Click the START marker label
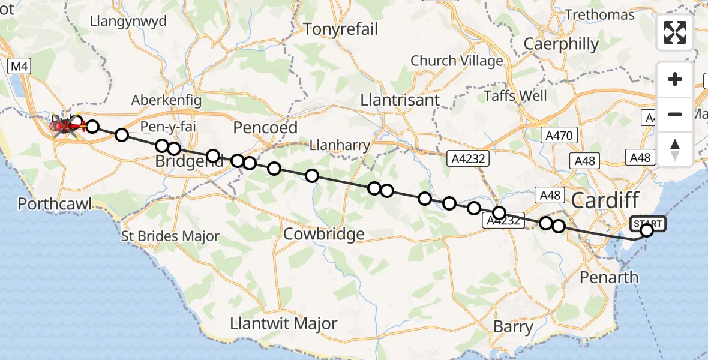648,224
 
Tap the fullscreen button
675,32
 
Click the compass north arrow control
675,149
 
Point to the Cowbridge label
324,233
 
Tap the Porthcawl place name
55,204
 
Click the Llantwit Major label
284,324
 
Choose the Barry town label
513,327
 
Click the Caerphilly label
562,44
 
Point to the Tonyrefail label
341,29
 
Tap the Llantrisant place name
400,100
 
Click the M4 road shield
20,67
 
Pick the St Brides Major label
171,236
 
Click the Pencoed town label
265,128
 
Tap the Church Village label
457,61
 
